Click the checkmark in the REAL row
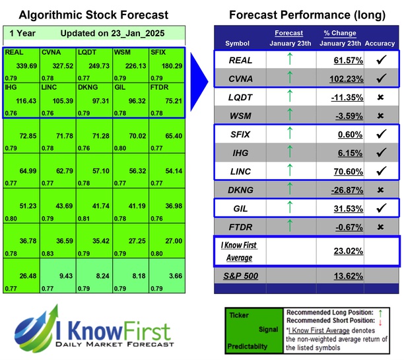tap(380, 59)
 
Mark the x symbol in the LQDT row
tap(380, 98)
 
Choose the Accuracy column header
tap(381, 44)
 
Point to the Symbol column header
tap(238, 44)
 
